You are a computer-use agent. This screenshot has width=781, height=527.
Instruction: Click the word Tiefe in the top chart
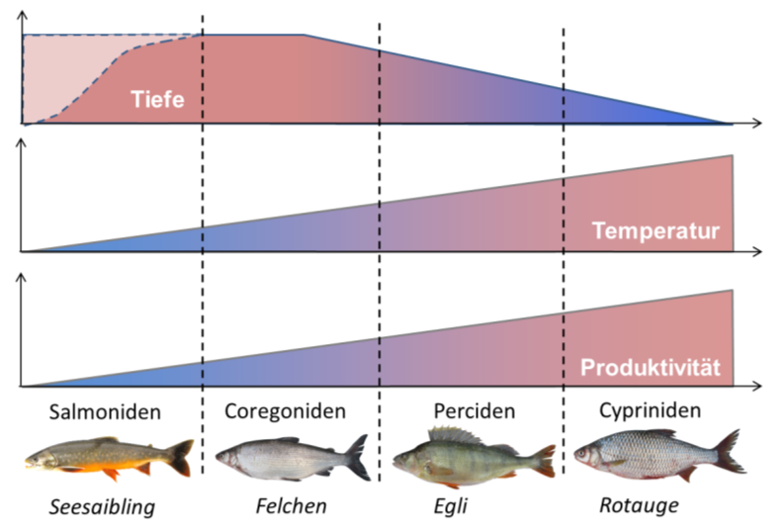point(157,99)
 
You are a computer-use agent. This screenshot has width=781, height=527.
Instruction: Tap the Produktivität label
point(650,369)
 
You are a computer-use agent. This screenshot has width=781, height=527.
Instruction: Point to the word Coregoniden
point(286,410)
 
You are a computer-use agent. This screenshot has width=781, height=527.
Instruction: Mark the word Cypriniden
point(651,409)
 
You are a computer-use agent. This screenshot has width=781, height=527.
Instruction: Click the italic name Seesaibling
point(103,508)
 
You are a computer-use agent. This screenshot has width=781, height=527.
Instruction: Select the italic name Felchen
point(291,508)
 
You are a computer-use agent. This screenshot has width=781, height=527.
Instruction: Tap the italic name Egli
point(451,508)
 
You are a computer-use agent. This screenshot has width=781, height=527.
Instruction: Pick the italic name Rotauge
point(639,507)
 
